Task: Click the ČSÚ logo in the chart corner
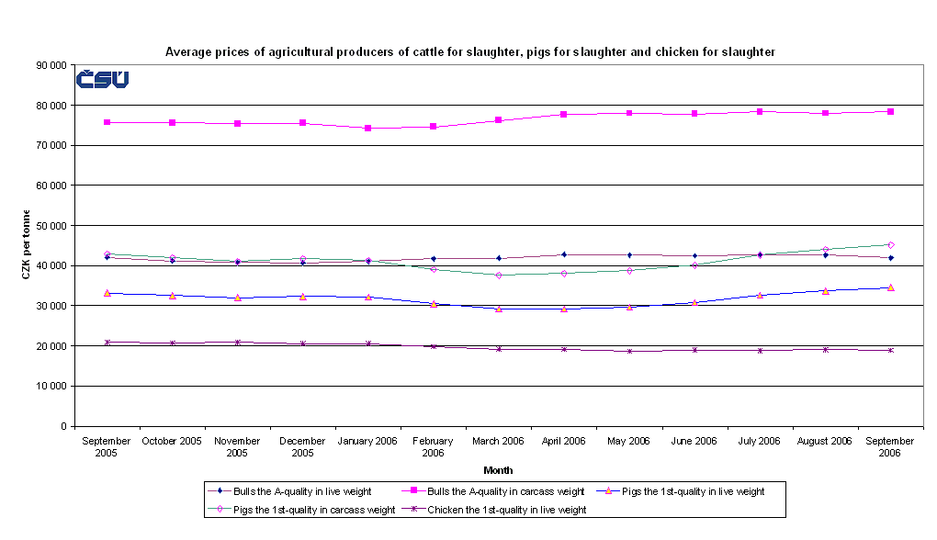(x=102, y=80)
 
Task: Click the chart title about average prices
(x=469, y=52)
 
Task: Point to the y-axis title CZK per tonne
(x=27, y=244)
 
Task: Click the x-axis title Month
(x=498, y=470)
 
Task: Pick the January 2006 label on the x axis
(x=367, y=441)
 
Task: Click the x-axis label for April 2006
(x=563, y=441)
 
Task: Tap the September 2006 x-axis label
(x=889, y=447)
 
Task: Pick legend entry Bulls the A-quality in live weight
(x=284, y=491)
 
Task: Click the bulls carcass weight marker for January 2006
(x=367, y=129)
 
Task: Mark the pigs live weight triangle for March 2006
(x=499, y=309)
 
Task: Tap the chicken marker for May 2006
(x=629, y=351)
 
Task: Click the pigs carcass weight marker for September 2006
(x=890, y=245)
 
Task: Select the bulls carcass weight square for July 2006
(x=760, y=112)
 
